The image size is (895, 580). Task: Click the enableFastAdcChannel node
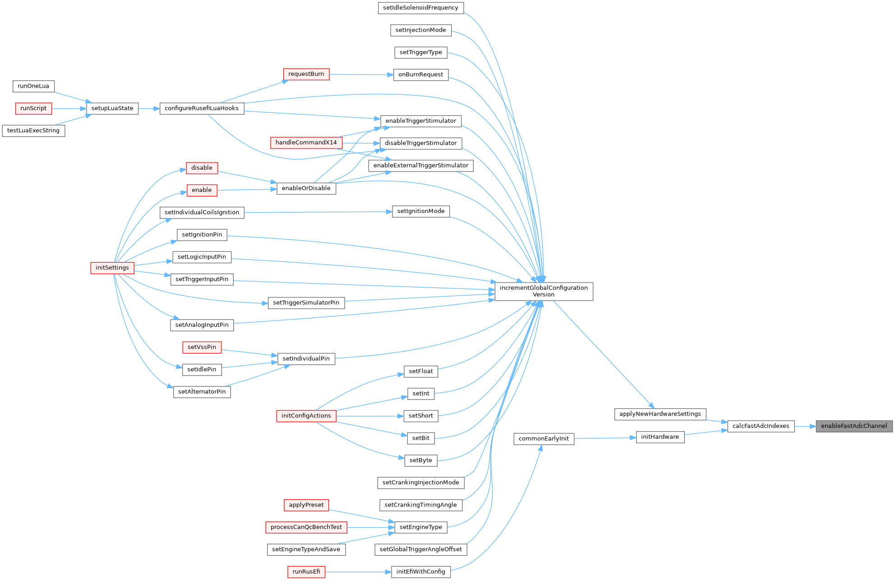tap(853, 426)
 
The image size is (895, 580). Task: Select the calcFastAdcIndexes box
tap(761, 426)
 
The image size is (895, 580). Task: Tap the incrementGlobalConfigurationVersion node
tap(544, 291)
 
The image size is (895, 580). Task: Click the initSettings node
tap(112, 268)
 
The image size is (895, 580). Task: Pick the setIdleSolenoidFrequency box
tap(420, 8)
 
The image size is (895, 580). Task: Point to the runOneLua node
tap(33, 86)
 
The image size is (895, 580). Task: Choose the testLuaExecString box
tap(33, 131)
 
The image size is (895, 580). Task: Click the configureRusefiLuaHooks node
tap(202, 108)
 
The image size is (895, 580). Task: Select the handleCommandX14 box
tap(306, 143)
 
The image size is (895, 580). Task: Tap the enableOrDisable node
tap(306, 188)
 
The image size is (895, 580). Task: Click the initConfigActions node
tap(306, 416)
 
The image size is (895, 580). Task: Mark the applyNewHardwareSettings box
tap(660, 414)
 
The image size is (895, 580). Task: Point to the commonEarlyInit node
tap(544, 439)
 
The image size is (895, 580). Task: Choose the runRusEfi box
tap(306, 572)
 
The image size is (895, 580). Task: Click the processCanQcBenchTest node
tap(306, 527)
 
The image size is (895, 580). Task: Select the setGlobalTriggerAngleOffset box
tap(421, 549)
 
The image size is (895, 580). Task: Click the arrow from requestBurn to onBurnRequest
tap(361, 74)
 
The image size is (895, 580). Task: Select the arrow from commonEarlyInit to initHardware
tap(604, 438)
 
